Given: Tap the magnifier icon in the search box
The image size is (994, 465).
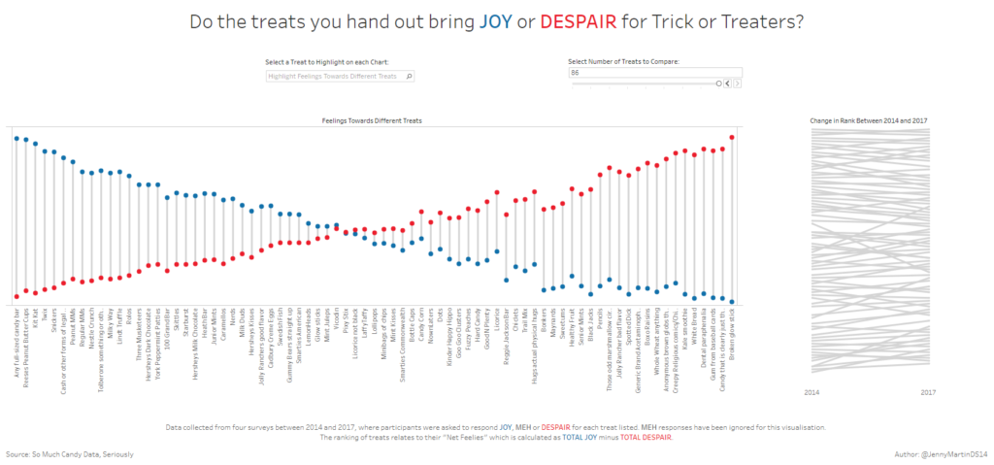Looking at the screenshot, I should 410,76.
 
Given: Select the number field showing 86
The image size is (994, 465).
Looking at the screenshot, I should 656,73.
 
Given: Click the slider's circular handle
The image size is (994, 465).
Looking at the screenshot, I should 719,83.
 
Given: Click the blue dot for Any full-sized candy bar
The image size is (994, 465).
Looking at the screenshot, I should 17,139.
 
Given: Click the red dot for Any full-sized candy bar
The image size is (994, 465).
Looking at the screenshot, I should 17,296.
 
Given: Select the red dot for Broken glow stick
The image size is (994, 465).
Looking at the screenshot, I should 731,137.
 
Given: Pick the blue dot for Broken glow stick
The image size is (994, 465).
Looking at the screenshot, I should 731,302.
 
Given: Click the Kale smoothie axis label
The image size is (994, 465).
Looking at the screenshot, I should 685,325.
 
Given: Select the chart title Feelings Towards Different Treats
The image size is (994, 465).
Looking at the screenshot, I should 373,120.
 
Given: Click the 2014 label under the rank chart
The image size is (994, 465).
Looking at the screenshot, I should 814,392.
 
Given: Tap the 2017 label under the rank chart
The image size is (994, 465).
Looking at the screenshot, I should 929,392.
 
